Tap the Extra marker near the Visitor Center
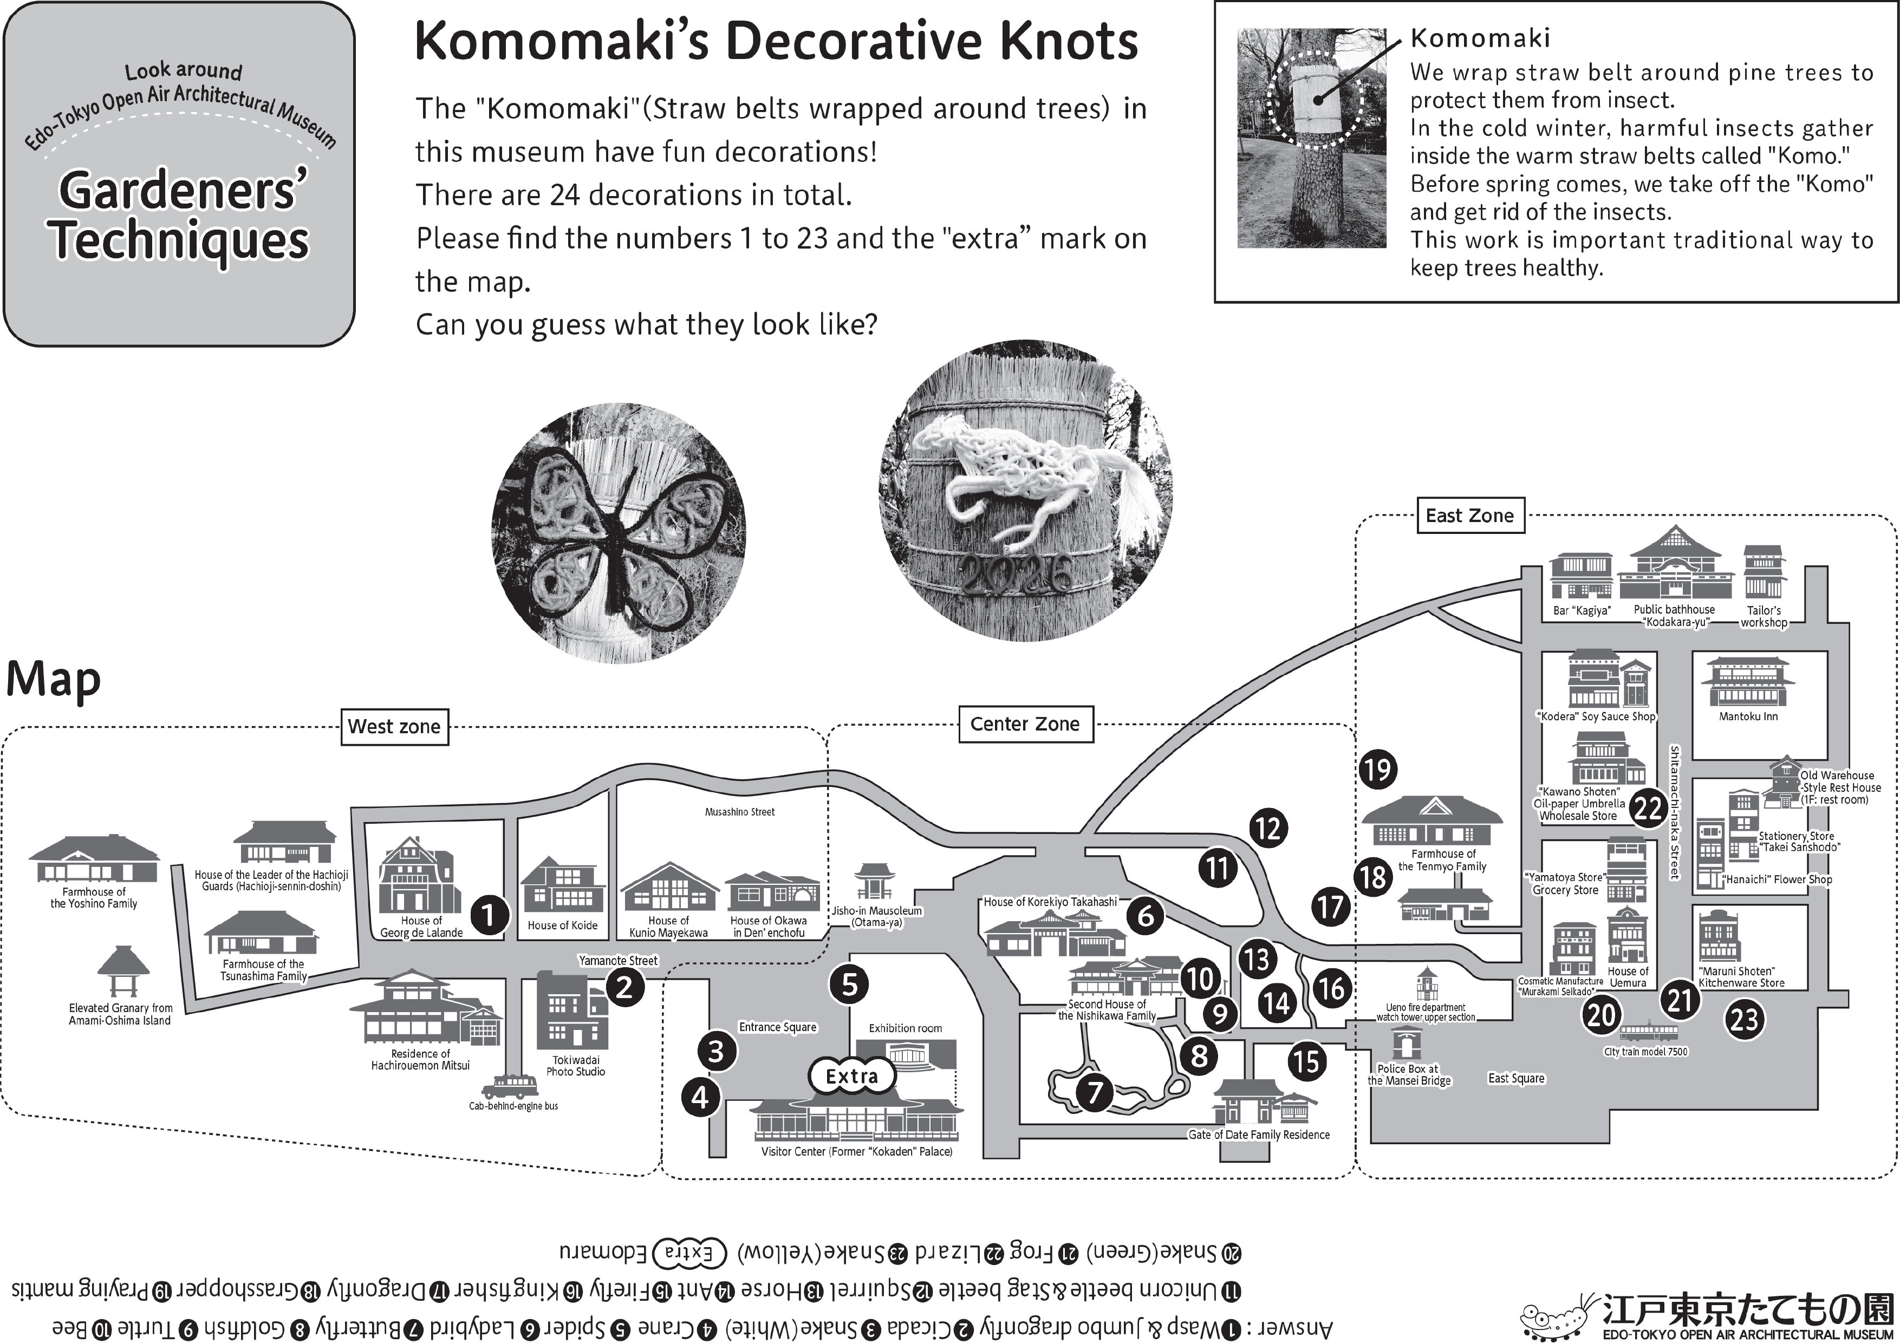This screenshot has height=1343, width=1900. tap(851, 1075)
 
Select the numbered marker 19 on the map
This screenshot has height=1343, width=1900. tap(1378, 770)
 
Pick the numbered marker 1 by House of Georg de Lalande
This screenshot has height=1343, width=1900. tap(489, 915)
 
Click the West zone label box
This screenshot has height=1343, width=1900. tap(395, 727)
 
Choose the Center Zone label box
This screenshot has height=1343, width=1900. tap(1025, 724)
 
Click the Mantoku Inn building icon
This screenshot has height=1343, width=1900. tap(1748, 683)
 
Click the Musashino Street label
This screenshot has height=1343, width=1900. tap(740, 812)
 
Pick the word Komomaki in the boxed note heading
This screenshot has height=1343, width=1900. tap(1480, 38)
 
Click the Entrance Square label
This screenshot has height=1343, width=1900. tap(777, 1027)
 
